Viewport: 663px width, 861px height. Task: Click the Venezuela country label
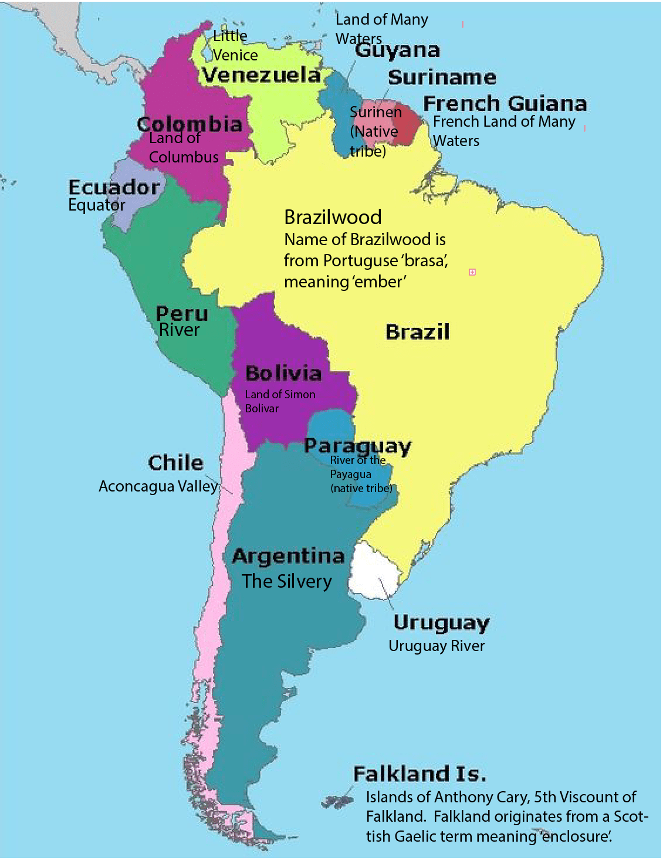[261, 75]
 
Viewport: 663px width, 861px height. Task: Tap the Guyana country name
[397, 50]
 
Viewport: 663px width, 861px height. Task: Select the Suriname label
[442, 77]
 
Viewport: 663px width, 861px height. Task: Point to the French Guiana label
[505, 104]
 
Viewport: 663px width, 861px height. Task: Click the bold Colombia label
[190, 124]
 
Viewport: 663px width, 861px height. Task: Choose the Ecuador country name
[114, 188]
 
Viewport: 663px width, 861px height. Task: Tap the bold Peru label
[182, 313]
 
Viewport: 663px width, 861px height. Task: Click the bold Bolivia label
[283, 374]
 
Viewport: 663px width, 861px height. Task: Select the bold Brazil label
[418, 332]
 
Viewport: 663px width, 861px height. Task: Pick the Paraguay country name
[357, 446]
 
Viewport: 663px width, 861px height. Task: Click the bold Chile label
[175, 463]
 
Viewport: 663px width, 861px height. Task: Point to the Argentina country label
[288, 556]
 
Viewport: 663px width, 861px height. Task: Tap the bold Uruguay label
[441, 623]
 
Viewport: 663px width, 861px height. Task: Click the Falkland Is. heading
[420, 774]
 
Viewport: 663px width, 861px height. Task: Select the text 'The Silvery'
[287, 581]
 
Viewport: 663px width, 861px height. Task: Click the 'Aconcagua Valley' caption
[158, 486]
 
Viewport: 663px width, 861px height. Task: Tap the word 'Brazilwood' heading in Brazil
[333, 218]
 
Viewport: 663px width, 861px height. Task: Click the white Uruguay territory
[376, 572]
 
